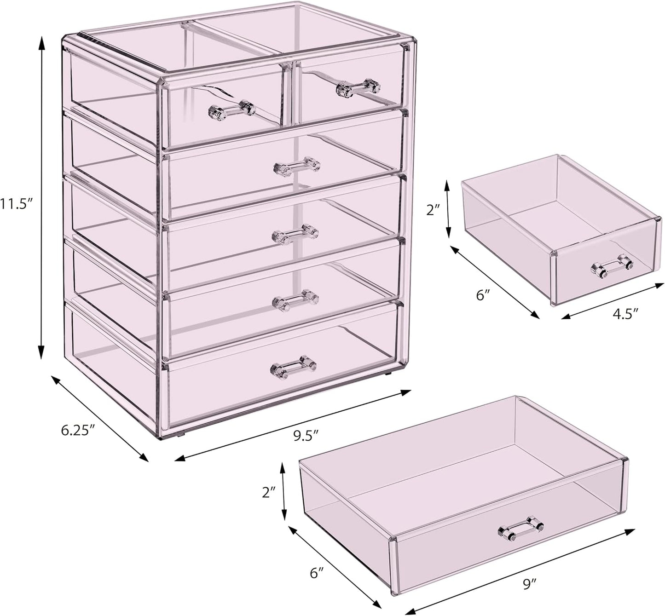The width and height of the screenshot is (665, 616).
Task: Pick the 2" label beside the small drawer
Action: (x=434, y=210)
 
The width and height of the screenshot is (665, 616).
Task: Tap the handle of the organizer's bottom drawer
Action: (x=294, y=367)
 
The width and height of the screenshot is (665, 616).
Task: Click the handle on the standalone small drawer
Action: (x=612, y=267)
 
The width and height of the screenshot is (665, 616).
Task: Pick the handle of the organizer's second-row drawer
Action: (x=297, y=167)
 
